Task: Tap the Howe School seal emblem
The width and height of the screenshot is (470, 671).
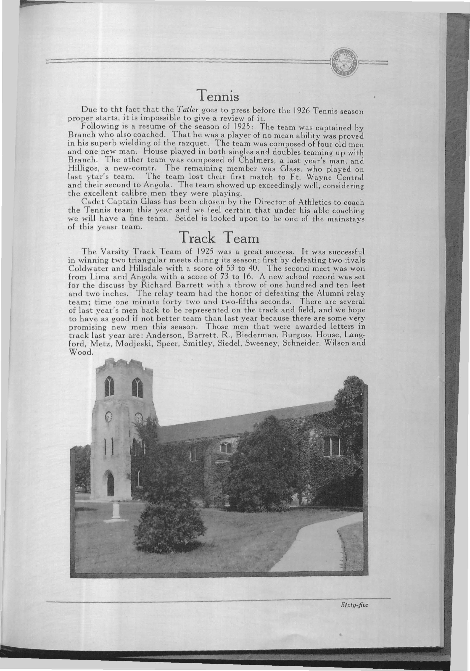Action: pyautogui.click(x=345, y=63)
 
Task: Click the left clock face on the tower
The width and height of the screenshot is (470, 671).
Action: pyautogui.click(x=108, y=417)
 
